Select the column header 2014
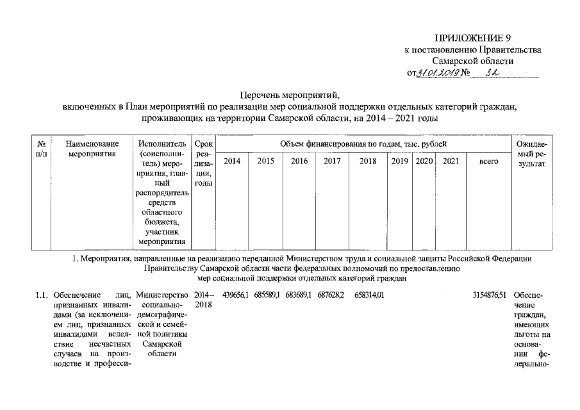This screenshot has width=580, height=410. click(232, 162)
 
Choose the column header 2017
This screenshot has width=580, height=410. click(332, 162)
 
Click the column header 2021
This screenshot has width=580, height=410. click(451, 162)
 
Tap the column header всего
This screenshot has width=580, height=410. click(489, 162)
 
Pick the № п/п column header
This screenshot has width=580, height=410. click(41, 149)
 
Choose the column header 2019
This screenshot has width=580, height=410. click(400, 162)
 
